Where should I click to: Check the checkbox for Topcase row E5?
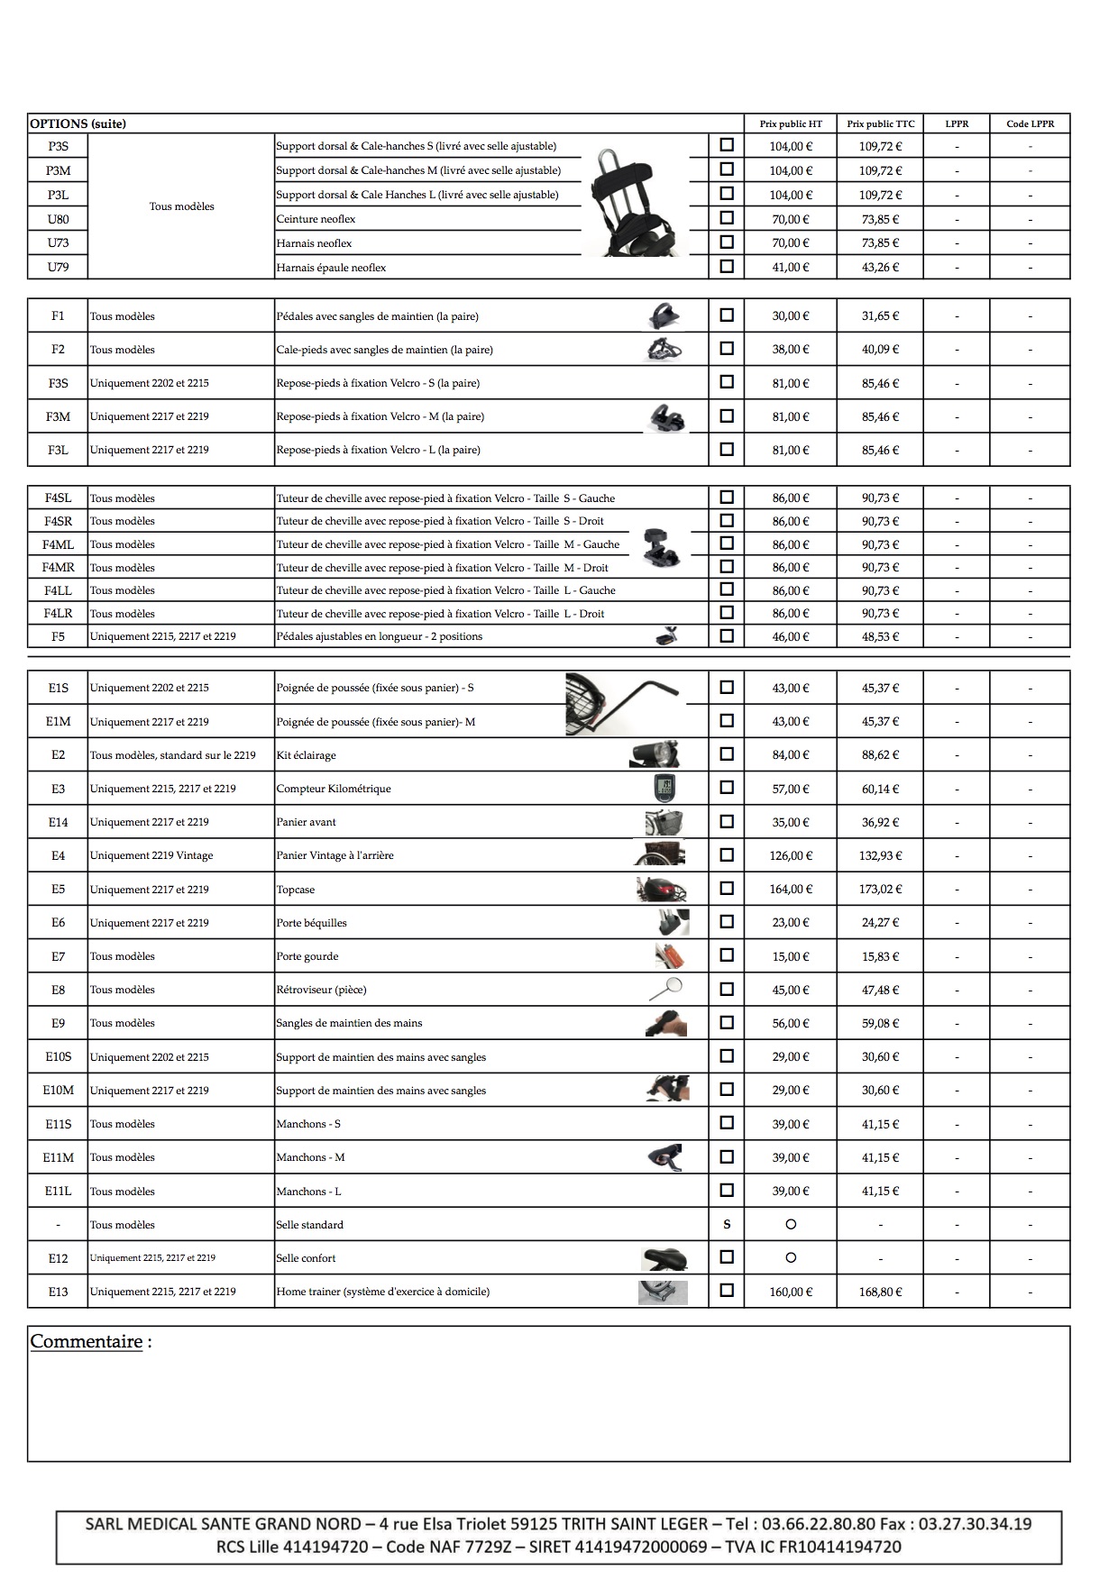point(727,888)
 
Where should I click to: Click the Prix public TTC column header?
point(880,123)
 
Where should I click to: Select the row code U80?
point(58,219)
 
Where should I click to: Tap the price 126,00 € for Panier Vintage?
point(790,855)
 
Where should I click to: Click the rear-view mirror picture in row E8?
point(666,988)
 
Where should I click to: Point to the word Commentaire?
point(87,1341)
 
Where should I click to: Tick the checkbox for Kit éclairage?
point(727,753)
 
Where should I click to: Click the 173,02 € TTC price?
point(880,889)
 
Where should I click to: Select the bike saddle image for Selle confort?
point(664,1258)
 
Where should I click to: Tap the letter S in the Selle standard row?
point(727,1224)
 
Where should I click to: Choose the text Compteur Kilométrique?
point(334,789)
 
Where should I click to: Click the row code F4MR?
point(58,568)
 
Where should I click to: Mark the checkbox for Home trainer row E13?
point(727,1290)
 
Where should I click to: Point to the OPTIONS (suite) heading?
point(78,123)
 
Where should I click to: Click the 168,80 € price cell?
point(880,1292)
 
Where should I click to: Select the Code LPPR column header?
point(1030,123)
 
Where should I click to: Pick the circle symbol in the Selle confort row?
point(791,1257)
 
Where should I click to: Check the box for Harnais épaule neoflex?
point(727,266)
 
